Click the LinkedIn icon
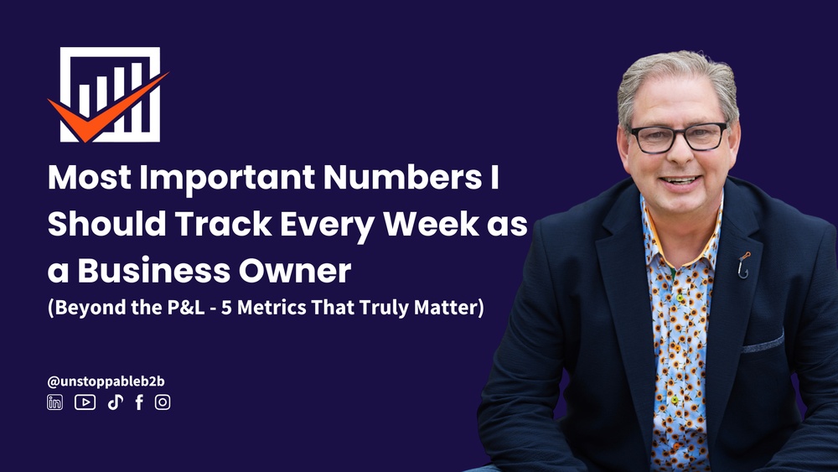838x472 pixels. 54,402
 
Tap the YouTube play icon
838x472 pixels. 85,402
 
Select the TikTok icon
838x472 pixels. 116,402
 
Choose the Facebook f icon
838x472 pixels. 139,402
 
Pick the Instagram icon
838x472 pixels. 163,402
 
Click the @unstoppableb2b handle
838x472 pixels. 106,381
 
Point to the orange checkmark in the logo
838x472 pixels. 108,107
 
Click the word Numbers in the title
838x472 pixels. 402,177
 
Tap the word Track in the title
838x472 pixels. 224,224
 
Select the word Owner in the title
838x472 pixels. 295,271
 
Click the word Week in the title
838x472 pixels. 431,224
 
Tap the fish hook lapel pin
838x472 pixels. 743,265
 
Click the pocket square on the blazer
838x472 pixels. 763,343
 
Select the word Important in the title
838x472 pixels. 227,178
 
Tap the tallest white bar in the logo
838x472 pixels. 137,96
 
